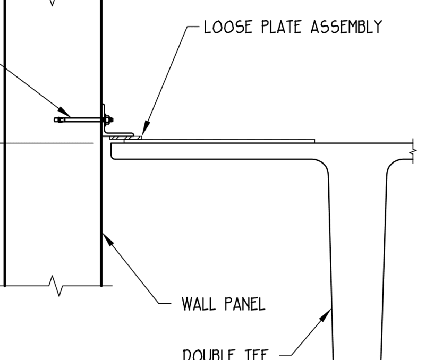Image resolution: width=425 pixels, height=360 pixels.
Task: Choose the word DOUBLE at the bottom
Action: tap(212, 354)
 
